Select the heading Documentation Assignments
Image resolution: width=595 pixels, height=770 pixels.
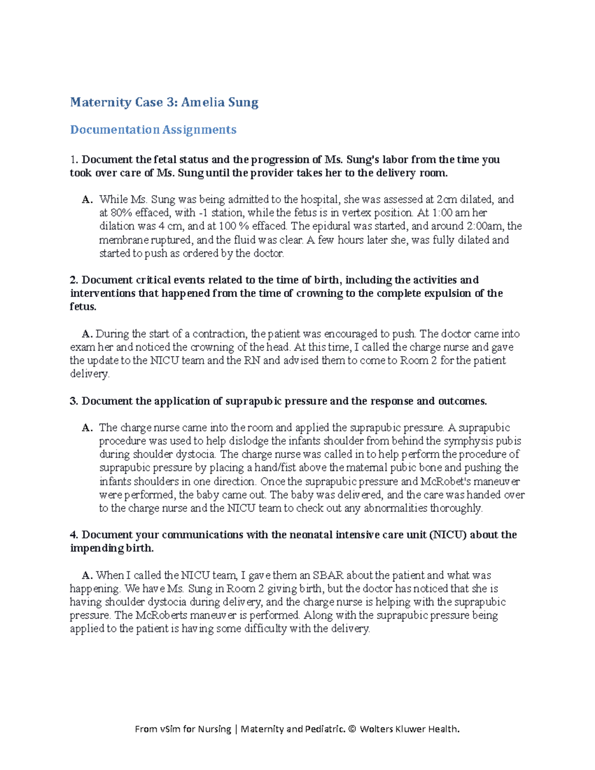pyautogui.click(x=153, y=130)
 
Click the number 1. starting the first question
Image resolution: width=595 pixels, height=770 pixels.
pyautogui.click(x=74, y=160)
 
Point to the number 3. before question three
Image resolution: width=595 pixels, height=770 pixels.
pyautogui.click(x=74, y=401)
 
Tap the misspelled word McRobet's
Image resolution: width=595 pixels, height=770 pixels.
pyautogui.click(x=446, y=481)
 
